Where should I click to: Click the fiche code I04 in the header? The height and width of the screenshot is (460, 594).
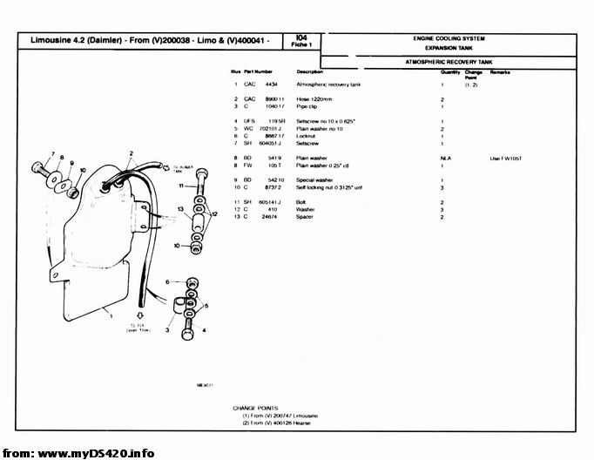(x=301, y=37)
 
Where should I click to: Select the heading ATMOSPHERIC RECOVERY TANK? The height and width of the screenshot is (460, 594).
(x=449, y=63)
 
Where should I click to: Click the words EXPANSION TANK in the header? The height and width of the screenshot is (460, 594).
(x=449, y=49)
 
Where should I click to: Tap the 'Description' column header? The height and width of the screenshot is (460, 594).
(x=309, y=71)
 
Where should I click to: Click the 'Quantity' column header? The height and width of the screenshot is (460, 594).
(x=450, y=71)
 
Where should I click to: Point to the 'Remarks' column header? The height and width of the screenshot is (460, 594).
(x=500, y=71)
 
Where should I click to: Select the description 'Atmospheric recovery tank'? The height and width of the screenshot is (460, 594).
(x=328, y=85)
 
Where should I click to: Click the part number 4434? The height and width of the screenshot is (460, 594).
(x=271, y=85)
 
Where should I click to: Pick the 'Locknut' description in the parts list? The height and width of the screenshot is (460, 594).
(x=306, y=136)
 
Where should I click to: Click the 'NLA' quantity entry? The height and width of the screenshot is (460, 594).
(x=445, y=158)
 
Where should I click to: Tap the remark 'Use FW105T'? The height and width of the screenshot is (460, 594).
(x=504, y=158)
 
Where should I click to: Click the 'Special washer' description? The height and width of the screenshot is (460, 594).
(x=314, y=179)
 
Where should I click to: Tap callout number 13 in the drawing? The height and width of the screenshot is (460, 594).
(x=179, y=210)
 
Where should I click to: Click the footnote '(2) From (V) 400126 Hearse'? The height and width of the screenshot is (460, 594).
(x=280, y=423)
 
